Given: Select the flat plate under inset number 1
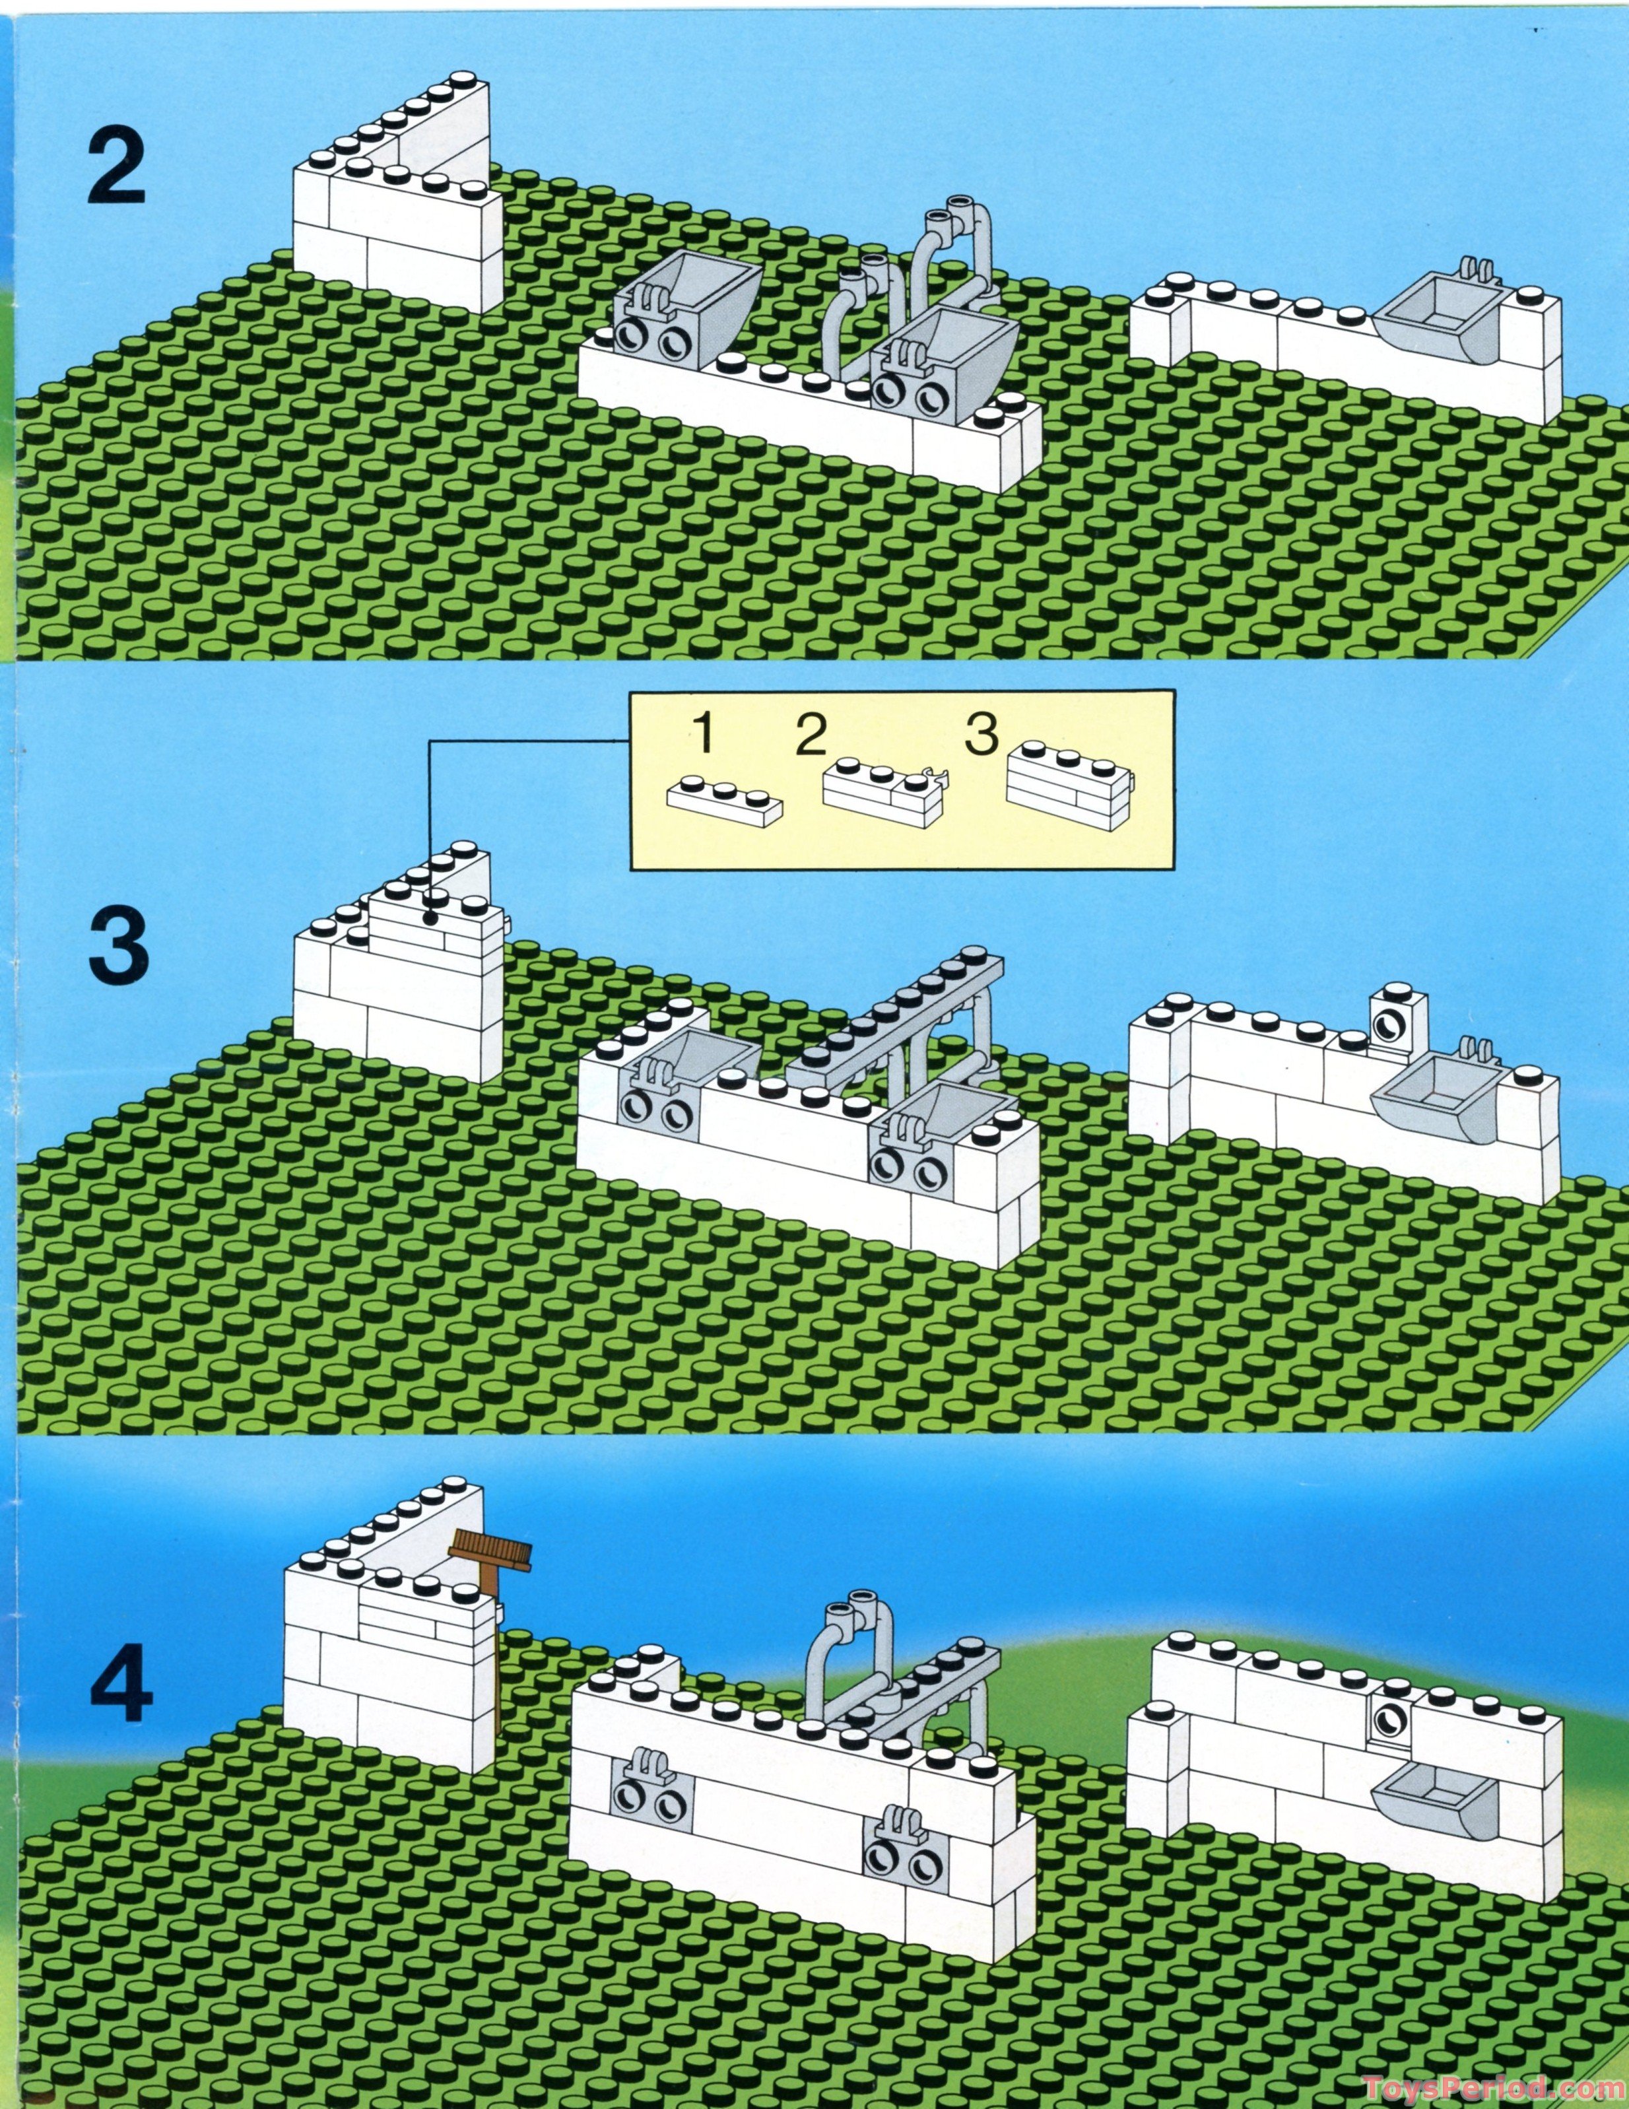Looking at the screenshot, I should coord(724,801).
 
